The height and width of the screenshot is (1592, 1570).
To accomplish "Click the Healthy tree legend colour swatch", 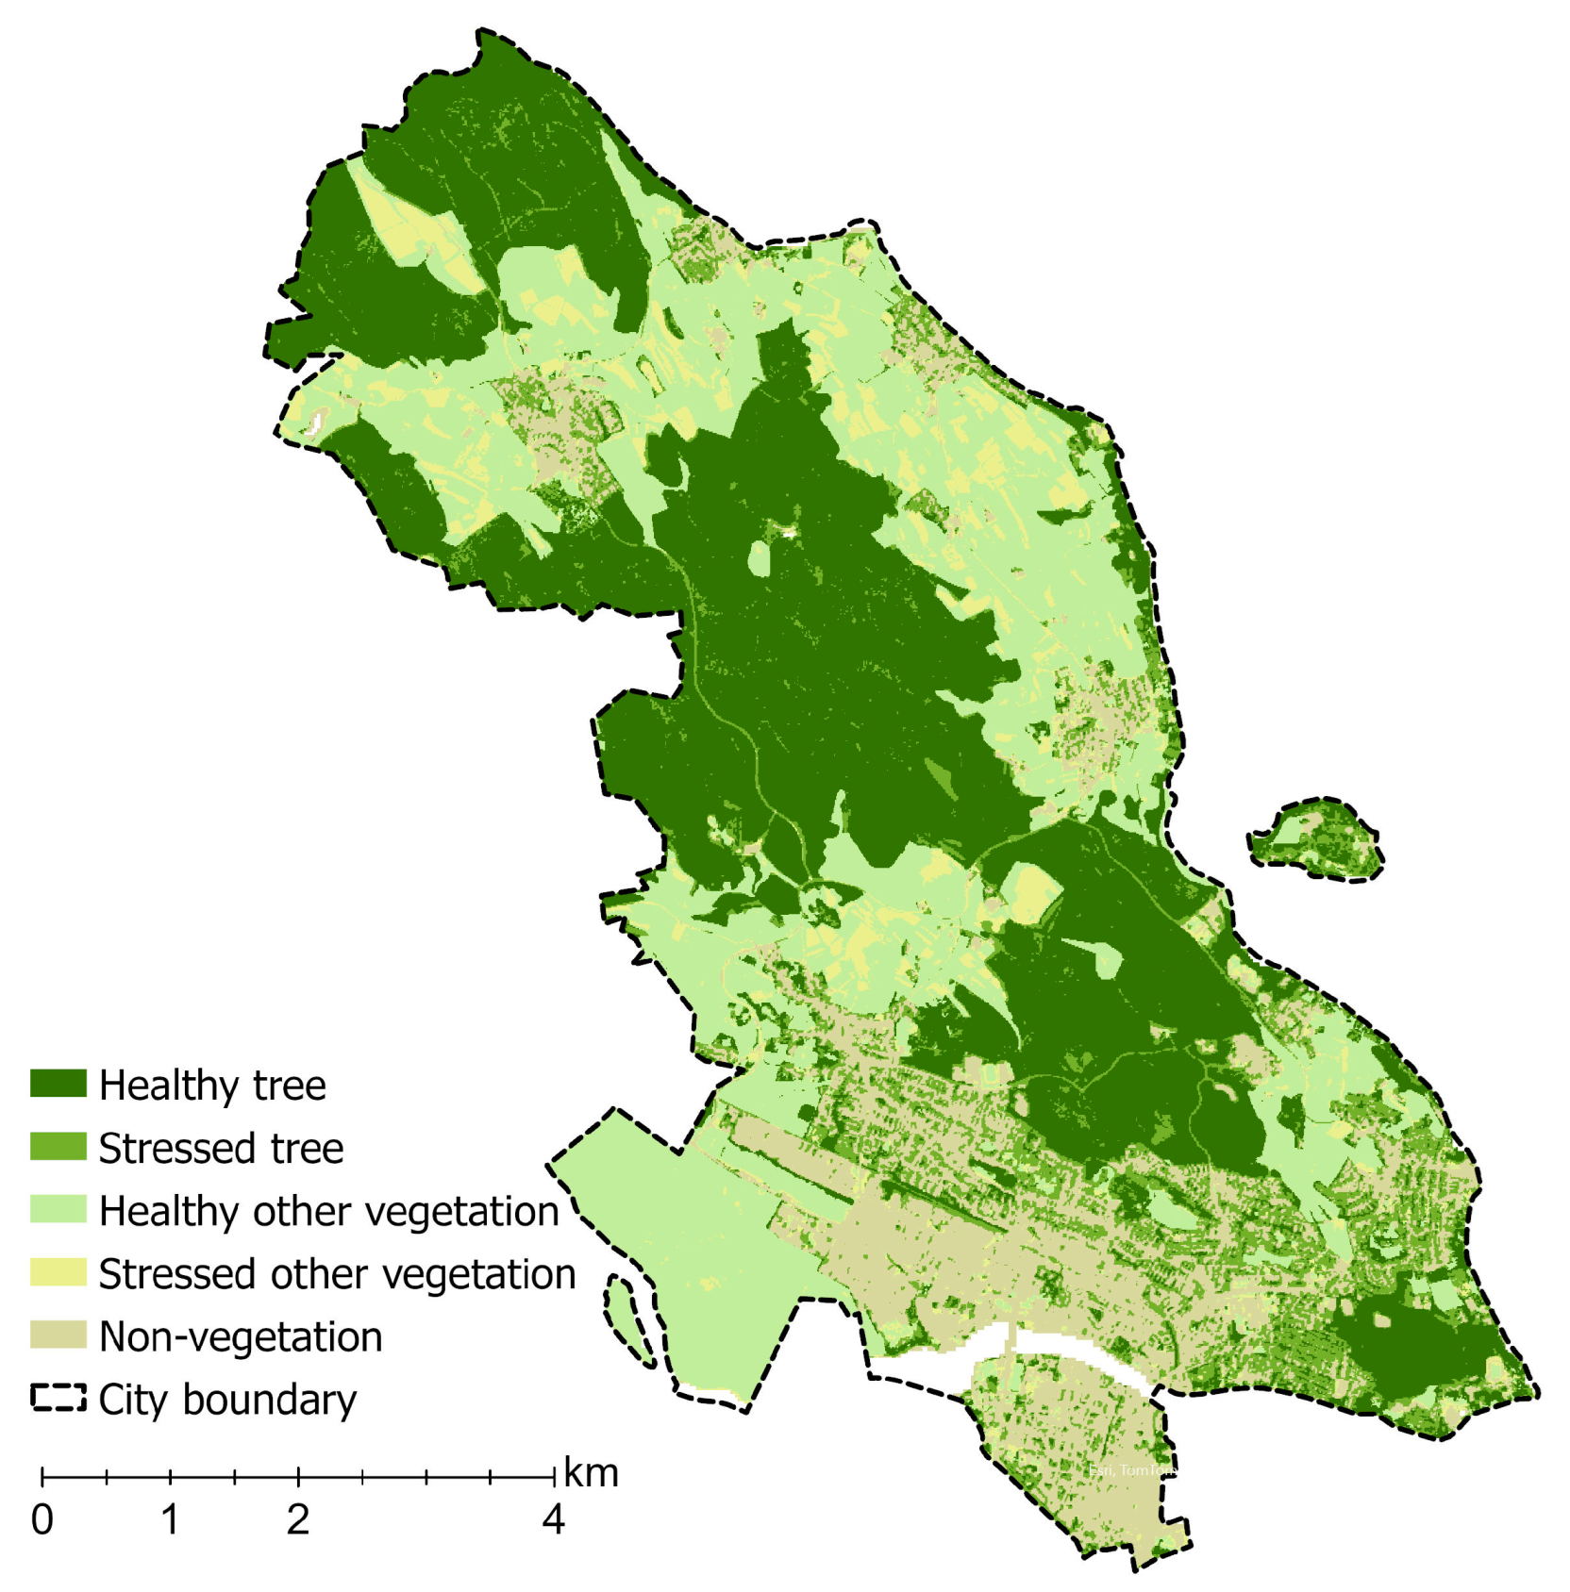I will pos(58,1084).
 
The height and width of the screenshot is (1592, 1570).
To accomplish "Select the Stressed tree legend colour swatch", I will pos(58,1147).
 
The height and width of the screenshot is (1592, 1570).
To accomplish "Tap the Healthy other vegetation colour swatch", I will pos(58,1209).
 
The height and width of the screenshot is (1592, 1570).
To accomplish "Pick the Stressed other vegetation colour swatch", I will pos(58,1272).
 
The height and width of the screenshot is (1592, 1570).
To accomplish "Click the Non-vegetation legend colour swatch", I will pos(58,1335).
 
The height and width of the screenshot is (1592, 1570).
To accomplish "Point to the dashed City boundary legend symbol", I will pos(58,1398).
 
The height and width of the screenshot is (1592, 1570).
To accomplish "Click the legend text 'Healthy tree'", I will pos(212,1086).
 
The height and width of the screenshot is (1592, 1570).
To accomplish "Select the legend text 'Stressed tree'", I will pos(221,1149).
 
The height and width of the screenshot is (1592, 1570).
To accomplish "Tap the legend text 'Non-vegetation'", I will pos(241,1337).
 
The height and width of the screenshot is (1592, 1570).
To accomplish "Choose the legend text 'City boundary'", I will pos(227,1401).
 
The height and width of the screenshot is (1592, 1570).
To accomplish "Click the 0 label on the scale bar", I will pos(42,1520).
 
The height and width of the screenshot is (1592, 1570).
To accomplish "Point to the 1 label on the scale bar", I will pos(170,1520).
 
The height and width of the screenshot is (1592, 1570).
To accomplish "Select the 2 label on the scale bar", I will pos(298,1520).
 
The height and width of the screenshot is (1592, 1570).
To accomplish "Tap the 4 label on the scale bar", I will pos(554,1520).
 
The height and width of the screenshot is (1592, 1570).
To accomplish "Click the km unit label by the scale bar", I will pos(591,1473).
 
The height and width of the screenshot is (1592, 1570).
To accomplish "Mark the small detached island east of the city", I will pos(1316,838).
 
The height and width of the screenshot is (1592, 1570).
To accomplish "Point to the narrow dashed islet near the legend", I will pos(628,1320).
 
